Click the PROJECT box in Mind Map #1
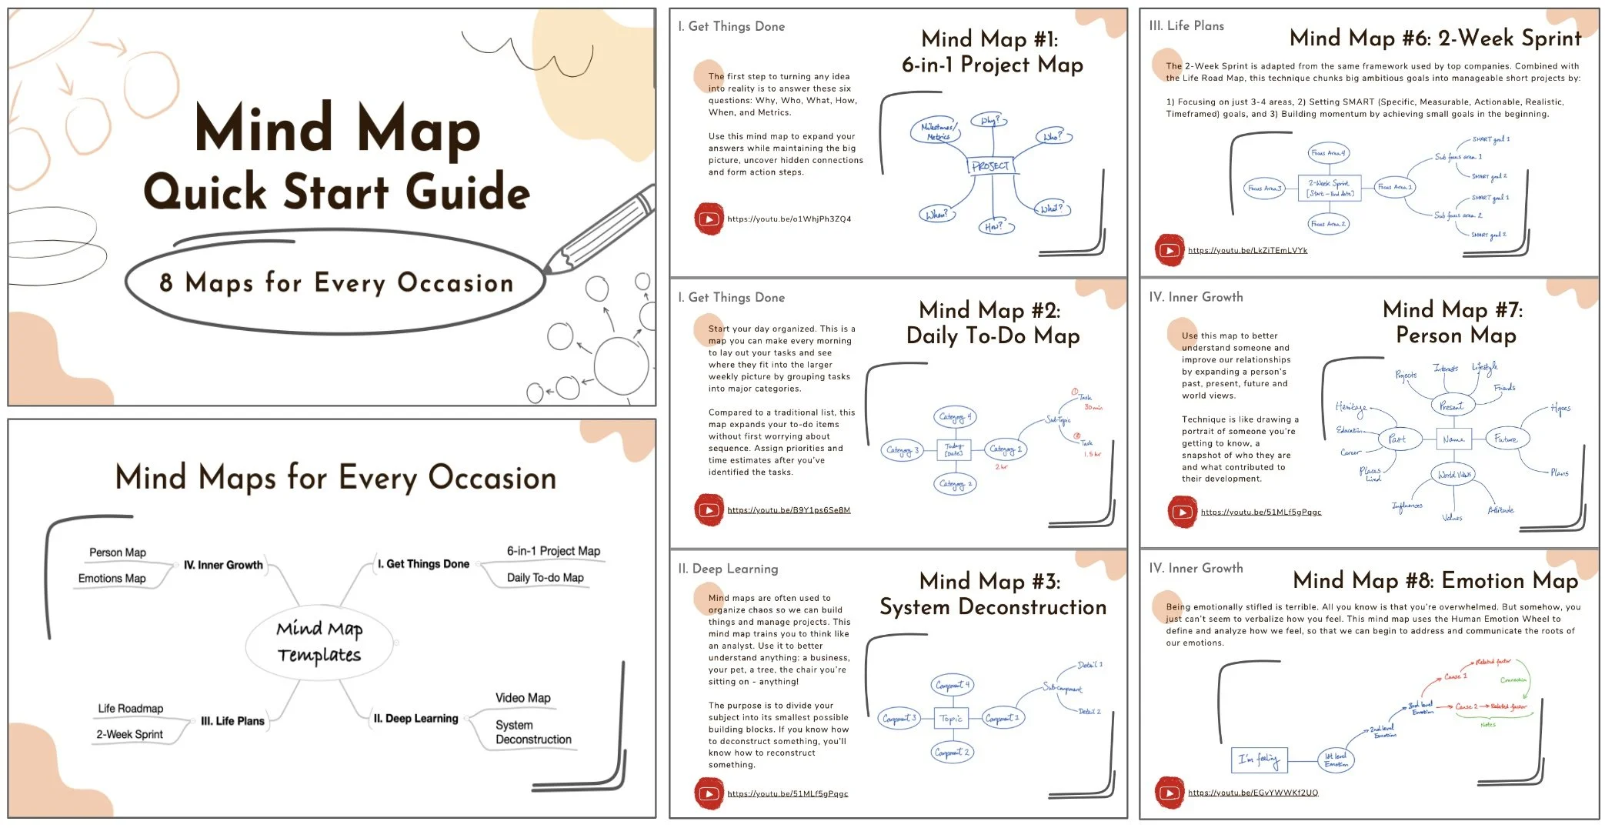point(990,165)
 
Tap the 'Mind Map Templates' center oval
point(319,642)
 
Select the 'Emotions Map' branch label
point(112,579)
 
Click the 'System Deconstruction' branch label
point(532,732)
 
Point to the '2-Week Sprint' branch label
point(129,734)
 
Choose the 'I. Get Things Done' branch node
point(423,564)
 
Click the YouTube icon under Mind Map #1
point(709,219)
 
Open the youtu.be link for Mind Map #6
point(1247,250)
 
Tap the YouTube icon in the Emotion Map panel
point(1169,793)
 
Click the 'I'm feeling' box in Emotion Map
point(1258,760)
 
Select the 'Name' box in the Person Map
point(1453,439)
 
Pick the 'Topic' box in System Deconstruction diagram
point(951,719)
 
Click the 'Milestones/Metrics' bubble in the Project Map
point(937,132)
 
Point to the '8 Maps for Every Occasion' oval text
point(336,283)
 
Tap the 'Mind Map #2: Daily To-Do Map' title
point(992,322)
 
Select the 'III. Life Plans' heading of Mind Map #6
point(1186,25)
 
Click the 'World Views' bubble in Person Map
point(1454,474)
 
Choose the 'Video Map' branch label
point(522,698)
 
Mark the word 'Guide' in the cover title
point(468,192)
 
